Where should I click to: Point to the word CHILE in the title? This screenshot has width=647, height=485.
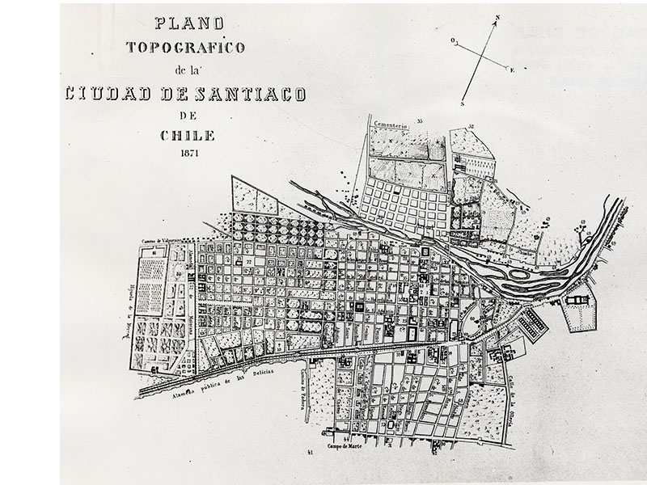(x=175, y=135)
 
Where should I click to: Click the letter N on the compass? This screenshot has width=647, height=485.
(x=498, y=17)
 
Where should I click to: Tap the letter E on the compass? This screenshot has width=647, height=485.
(x=513, y=70)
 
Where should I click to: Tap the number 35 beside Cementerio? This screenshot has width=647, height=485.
(x=421, y=121)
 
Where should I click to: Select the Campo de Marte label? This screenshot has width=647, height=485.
(x=345, y=444)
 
